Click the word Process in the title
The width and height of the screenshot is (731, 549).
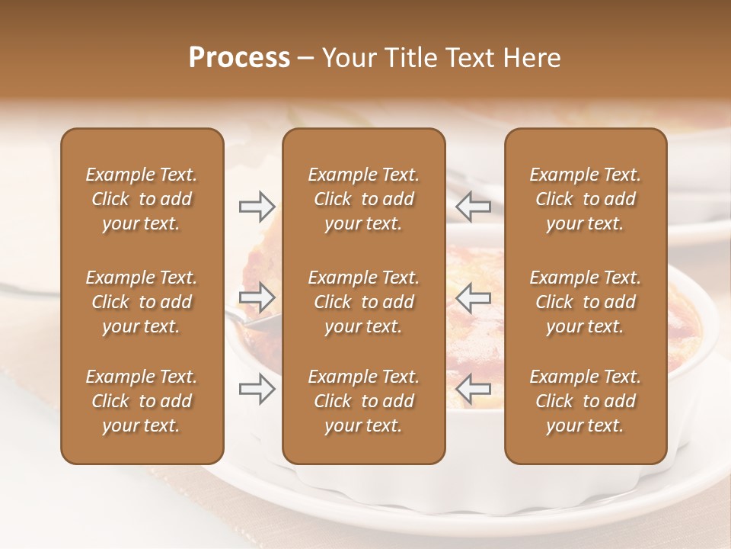point(239,58)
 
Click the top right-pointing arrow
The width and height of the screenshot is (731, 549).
point(257,206)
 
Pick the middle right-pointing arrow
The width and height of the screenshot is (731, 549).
point(257,297)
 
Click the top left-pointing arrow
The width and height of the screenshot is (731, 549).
point(474,206)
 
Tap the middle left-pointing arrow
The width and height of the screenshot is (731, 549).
point(474,297)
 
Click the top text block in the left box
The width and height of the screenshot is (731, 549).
point(142,199)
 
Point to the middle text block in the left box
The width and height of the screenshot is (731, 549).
point(142,302)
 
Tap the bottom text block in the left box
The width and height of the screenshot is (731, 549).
point(142,401)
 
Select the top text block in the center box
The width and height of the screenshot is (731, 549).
point(363,199)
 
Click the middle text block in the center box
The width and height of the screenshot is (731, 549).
point(363,302)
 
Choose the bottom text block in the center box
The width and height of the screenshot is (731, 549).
point(363,401)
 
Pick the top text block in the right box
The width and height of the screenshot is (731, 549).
point(585,199)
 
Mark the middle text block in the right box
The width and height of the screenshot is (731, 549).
point(585,302)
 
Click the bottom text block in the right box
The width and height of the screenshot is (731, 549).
point(585,401)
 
